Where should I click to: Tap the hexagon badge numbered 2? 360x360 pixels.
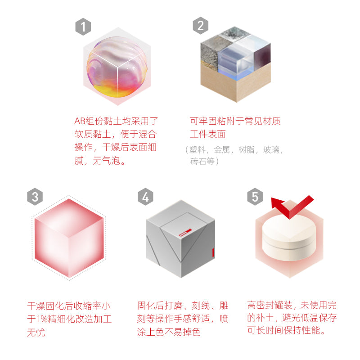(201, 26)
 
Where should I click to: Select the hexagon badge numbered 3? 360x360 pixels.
(36, 197)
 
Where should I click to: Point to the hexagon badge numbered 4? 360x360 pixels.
(145, 197)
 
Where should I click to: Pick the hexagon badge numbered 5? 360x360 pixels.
(255, 197)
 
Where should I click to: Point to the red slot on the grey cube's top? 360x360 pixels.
(185, 233)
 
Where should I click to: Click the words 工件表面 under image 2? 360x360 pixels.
(207, 135)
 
